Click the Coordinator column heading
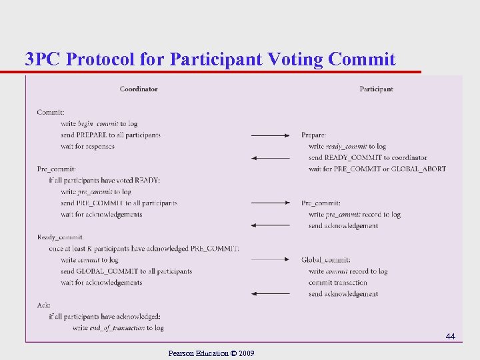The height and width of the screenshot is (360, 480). (x=139, y=89)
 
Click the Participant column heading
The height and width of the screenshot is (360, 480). (x=376, y=89)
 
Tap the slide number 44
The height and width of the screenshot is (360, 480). (x=450, y=337)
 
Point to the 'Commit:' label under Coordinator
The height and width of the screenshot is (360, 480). (x=51, y=112)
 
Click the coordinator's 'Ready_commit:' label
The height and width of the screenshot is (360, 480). (x=61, y=237)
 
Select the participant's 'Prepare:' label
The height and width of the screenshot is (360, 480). (x=313, y=135)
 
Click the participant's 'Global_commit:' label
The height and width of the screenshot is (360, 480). (x=326, y=259)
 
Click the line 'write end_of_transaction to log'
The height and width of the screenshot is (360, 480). (x=118, y=327)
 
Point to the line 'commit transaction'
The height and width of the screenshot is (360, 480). (x=338, y=282)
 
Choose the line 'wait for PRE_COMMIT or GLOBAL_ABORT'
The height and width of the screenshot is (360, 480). (x=377, y=169)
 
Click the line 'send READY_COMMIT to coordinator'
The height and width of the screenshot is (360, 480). (x=368, y=157)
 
